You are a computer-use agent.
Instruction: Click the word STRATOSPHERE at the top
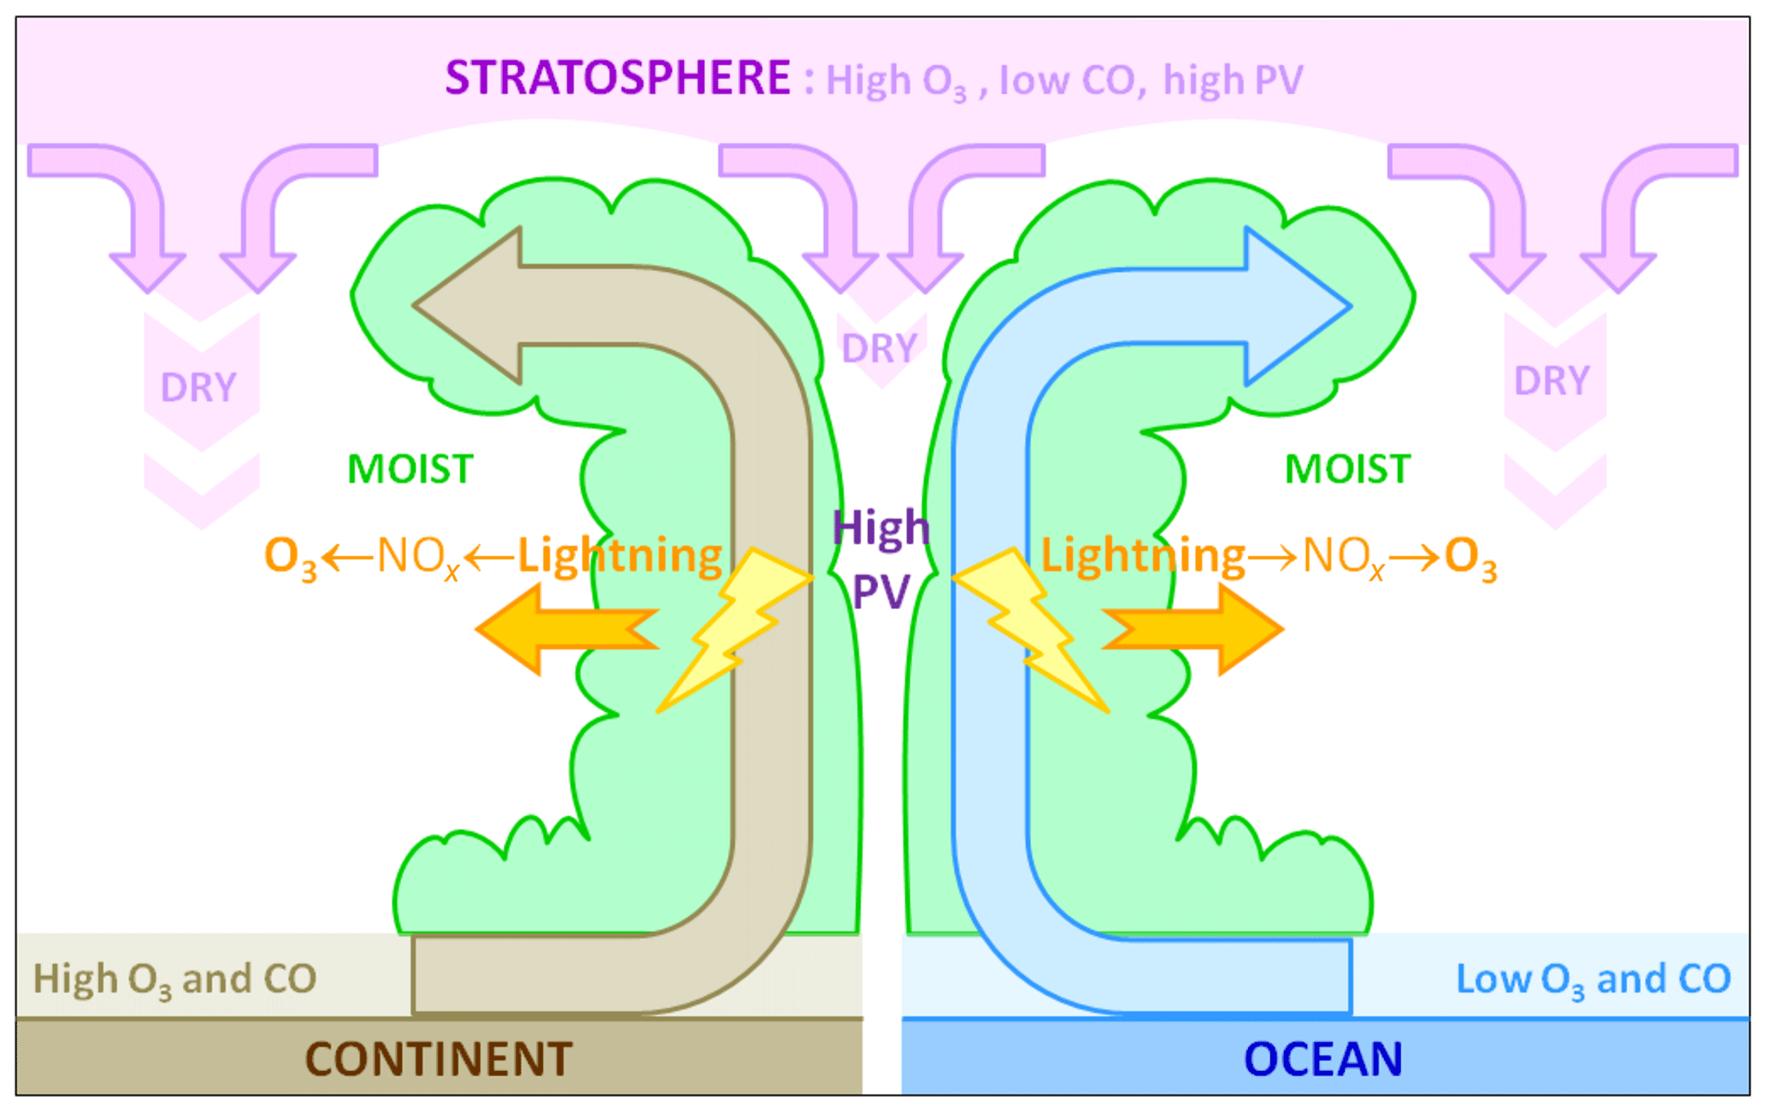pos(617,78)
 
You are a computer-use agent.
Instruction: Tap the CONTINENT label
pos(439,1059)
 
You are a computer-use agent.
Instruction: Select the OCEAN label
pos(1322,1059)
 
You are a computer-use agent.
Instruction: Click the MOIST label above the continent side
pos(410,469)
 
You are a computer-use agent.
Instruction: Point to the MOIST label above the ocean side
pos(1347,469)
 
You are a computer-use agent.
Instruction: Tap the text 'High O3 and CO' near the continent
pos(174,980)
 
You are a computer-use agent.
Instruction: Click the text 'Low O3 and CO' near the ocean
pos(1593,980)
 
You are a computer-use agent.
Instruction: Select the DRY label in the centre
pos(879,349)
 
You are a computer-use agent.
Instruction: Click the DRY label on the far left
pos(198,388)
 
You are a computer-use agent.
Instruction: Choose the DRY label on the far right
pos(1552,381)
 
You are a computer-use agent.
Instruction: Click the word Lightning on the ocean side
pos(1142,556)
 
